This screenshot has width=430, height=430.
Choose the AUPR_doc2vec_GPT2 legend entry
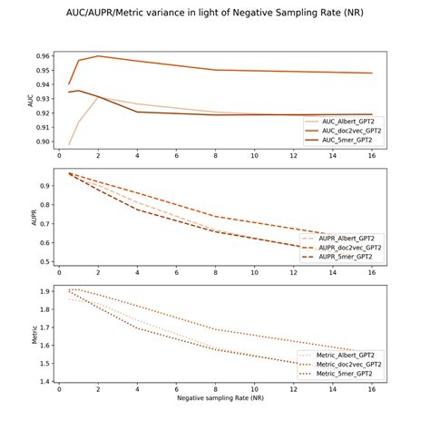point(348,248)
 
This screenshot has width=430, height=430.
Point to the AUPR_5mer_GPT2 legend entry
point(346,258)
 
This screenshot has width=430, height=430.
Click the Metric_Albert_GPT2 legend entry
point(346,356)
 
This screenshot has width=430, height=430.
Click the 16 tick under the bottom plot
point(372,389)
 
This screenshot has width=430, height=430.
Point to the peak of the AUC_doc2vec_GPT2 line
point(98,56)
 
